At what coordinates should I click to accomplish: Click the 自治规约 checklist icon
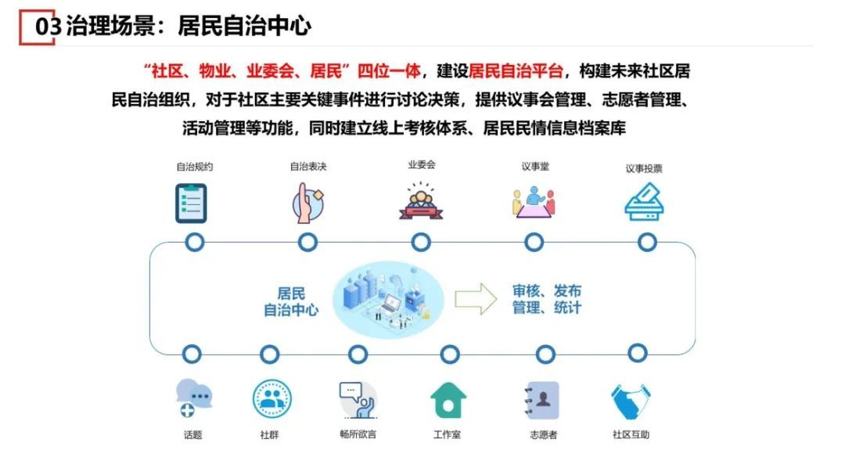pyautogui.click(x=191, y=203)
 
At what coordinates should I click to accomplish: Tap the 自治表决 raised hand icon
pyautogui.click(x=307, y=203)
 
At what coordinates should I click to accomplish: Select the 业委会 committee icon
pyautogui.click(x=421, y=201)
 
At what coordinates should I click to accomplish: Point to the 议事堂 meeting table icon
pyautogui.click(x=533, y=201)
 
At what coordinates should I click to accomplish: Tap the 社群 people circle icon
pyautogui.click(x=271, y=399)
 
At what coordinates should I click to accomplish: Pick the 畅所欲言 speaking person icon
pyautogui.click(x=358, y=399)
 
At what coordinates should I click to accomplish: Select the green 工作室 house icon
pyautogui.click(x=448, y=400)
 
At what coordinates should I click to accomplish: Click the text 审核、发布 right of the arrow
pyautogui.click(x=547, y=291)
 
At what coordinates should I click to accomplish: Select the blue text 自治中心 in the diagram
pyautogui.click(x=291, y=309)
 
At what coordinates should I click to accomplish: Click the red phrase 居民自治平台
pyautogui.click(x=516, y=71)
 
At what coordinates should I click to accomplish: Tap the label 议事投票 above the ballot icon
pyautogui.click(x=644, y=168)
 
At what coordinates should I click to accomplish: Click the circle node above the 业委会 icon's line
pyautogui.click(x=421, y=243)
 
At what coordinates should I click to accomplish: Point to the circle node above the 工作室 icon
pyautogui.click(x=449, y=354)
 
